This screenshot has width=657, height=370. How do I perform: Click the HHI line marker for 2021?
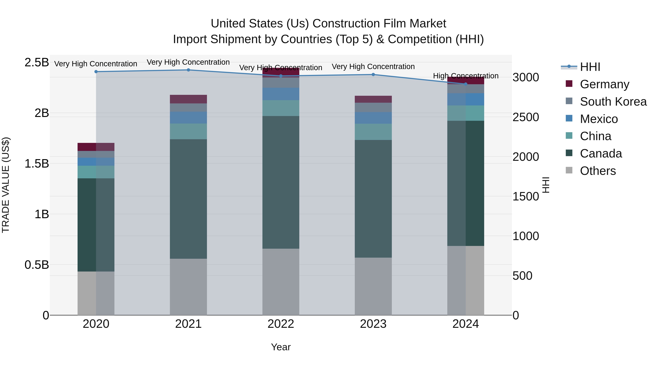tap(188, 70)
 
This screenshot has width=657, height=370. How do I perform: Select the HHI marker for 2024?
tap(465, 84)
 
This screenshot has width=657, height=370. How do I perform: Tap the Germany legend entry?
tap(604, 84)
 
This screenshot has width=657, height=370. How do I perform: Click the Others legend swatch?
tap(569, 170)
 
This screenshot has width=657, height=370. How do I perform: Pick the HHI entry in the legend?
tap(590, 67)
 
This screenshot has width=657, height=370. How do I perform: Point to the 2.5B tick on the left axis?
tap(36, 62)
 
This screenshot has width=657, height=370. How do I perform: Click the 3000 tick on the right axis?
tap(526, 77)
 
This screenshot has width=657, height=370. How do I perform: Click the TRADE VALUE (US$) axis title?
tap(6, 185)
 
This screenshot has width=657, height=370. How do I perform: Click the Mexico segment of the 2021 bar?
tap(188, 117)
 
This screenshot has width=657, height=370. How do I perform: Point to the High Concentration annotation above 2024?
tap(465, 76)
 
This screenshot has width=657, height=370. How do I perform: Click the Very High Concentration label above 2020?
tap(96, 64)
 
